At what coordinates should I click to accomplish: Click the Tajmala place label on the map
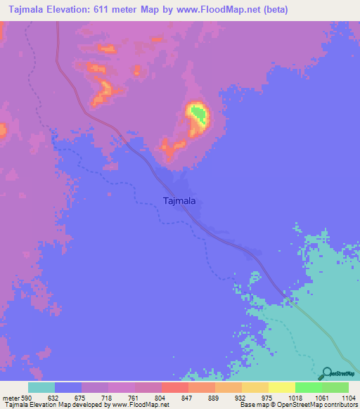[179, 201]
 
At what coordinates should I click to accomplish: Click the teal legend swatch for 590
[41, 388]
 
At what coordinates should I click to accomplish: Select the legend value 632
[53, 397]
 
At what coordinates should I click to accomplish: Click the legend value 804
[160, 397]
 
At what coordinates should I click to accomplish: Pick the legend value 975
[267, 397]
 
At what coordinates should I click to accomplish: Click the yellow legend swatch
[281, 388]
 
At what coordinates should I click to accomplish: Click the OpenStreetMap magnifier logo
[325, 373]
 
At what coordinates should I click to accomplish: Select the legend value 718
[106, 397]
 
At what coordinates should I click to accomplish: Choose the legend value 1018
[294, 397]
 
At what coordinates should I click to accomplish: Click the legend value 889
[213, 397]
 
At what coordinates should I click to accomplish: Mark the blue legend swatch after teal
[68, 388]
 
